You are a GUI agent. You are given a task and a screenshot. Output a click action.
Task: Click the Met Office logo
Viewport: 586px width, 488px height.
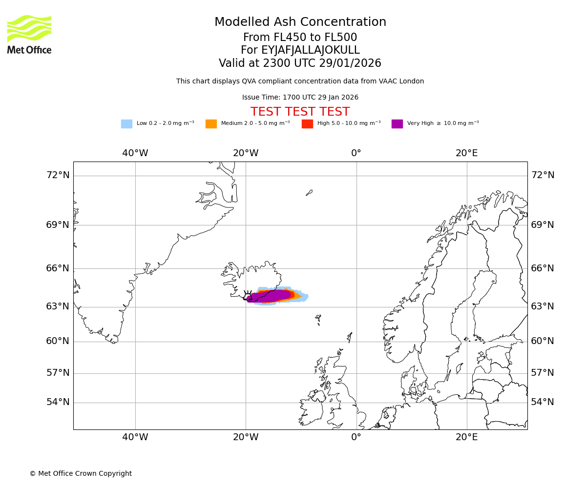click(29, 34)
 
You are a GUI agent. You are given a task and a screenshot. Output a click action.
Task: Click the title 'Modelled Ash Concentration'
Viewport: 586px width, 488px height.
click(300, 22)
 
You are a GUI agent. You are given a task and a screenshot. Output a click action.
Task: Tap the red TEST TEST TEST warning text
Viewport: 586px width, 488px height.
click(300, 112)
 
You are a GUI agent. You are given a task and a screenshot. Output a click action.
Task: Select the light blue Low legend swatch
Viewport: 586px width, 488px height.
click(126, 124)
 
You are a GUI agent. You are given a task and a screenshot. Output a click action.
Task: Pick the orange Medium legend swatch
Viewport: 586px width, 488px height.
click(211, 124)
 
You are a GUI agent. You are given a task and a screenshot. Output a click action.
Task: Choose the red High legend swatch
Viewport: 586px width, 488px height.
click(307, 124)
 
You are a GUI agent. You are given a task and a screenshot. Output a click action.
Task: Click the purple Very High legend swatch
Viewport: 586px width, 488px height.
click(397, 124)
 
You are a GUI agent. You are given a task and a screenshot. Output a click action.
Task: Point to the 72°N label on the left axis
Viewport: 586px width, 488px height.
click(58, 175)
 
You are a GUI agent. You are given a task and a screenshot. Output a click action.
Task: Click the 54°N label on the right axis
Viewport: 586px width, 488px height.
click(543, 402)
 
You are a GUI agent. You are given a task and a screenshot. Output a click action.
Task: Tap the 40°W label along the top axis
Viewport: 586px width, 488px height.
click(135, 153)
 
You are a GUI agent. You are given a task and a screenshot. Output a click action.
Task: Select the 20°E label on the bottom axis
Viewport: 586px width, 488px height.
click(467, 437)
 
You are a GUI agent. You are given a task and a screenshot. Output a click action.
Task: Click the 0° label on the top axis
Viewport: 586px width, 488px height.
click(356, 153)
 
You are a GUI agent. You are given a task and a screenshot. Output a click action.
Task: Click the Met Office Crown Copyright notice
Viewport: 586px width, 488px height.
click(81, 473)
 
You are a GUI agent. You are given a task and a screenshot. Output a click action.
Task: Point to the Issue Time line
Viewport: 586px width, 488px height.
click(300, 97)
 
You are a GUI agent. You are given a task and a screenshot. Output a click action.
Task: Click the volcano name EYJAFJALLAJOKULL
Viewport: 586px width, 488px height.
click(300, 50)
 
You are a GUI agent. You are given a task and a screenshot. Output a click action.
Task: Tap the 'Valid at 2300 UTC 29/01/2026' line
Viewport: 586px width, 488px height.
click(300, 63)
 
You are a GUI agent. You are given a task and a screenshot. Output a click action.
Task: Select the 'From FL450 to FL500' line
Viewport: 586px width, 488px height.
click(300, 38)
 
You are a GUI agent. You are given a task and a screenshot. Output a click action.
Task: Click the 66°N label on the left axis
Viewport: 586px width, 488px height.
click(58, 268)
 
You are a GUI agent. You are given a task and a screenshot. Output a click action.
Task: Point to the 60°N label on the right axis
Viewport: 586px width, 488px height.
click(543, 341)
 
